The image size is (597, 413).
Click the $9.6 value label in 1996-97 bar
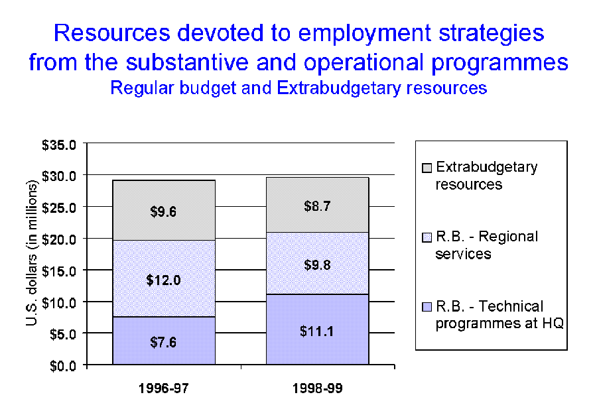(163, 213)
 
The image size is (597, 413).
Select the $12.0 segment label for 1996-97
(163, 280)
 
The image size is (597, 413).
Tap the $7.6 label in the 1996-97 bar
(163, 343)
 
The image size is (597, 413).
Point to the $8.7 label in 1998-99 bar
(317, 206)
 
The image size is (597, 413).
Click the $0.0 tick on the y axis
(64, 365)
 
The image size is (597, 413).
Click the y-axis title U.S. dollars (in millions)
(32, 253)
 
